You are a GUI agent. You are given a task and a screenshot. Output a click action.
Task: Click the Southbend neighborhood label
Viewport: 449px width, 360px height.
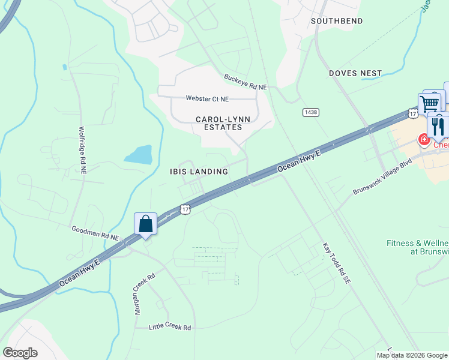[337, 21]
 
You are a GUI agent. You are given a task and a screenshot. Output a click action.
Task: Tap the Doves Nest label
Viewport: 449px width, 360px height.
[355, 73]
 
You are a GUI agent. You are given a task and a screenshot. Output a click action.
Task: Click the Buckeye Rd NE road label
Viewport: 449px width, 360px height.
[245, 82]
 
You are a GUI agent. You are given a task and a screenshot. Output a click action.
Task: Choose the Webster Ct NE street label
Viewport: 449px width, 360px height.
[207, 98]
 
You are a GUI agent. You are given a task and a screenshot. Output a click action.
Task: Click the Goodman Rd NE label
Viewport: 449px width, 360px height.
[95, 233]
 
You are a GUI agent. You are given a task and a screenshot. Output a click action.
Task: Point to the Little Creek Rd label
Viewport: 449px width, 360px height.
[170, 328]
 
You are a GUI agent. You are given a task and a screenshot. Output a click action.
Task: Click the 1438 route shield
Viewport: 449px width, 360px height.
[310, 112]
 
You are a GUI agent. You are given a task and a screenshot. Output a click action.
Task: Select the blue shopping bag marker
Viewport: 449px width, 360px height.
[145, 224]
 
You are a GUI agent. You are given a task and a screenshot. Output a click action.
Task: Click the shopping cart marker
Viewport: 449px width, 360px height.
[430, 104]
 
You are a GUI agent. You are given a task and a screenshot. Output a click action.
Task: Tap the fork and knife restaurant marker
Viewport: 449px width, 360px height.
[438, 126]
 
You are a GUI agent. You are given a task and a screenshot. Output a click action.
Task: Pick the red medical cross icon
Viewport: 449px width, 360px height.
[424, 140]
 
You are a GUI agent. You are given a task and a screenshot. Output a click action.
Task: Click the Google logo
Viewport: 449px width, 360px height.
[20, 353]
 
